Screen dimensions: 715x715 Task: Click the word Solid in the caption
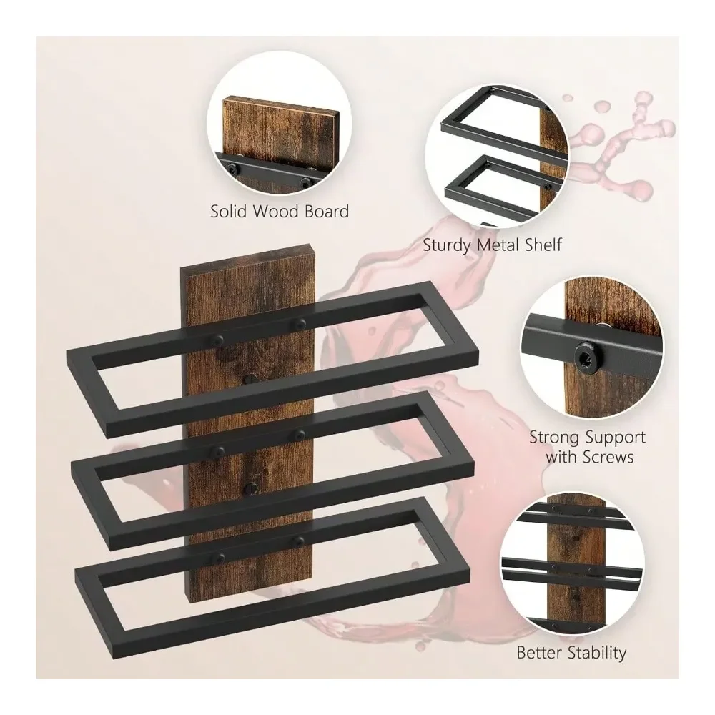pyautogui.click(x=229, y=211)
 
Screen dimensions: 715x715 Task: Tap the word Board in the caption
pyautogui.click(x=327, y=211)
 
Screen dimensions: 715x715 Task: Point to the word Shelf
pyautogui.click(x=543, y=245)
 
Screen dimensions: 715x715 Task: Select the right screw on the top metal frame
pyautogui.click(x=300, y=325)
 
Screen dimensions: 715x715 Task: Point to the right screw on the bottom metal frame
pyautogui.click(x=299, y=541)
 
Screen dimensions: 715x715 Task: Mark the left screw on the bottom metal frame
pyautogui.click(x=220, y=557)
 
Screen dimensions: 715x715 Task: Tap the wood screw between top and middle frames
pyautogui.click(x=250, y=379)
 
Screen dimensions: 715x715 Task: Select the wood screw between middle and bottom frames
pyautogui.click(x=250, y=489)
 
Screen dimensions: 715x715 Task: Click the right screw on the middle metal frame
pyautogui.click(x=300, y=434)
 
